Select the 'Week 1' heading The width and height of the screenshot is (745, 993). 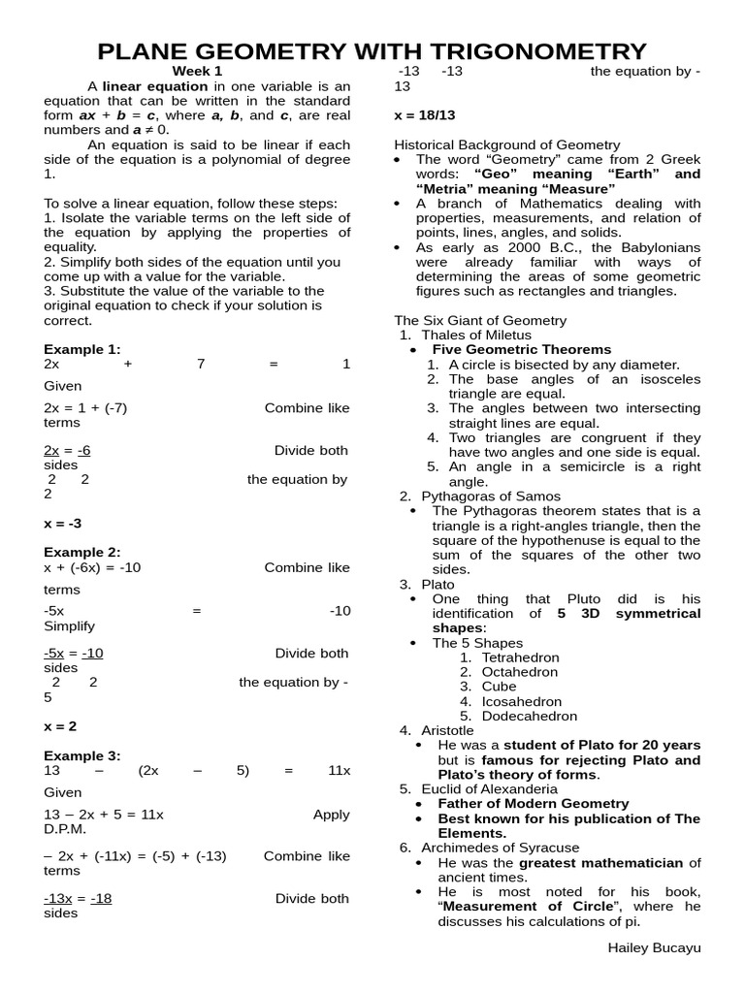point(198,71)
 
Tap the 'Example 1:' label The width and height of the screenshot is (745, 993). point(82,349)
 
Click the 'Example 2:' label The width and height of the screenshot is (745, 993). point(82,552)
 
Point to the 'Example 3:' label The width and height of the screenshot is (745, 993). point(82,755)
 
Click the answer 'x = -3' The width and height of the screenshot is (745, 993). point(63,523)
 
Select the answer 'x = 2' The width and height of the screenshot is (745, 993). point(60,725)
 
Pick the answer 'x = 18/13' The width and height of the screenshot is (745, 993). point(424,114)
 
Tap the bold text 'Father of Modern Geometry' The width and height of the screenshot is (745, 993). point(533,803)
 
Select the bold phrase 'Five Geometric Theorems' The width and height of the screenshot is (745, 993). point(521,349)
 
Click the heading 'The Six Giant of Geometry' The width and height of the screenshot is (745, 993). point(480,320)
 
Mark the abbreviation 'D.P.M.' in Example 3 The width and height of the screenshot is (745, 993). point(65,829)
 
